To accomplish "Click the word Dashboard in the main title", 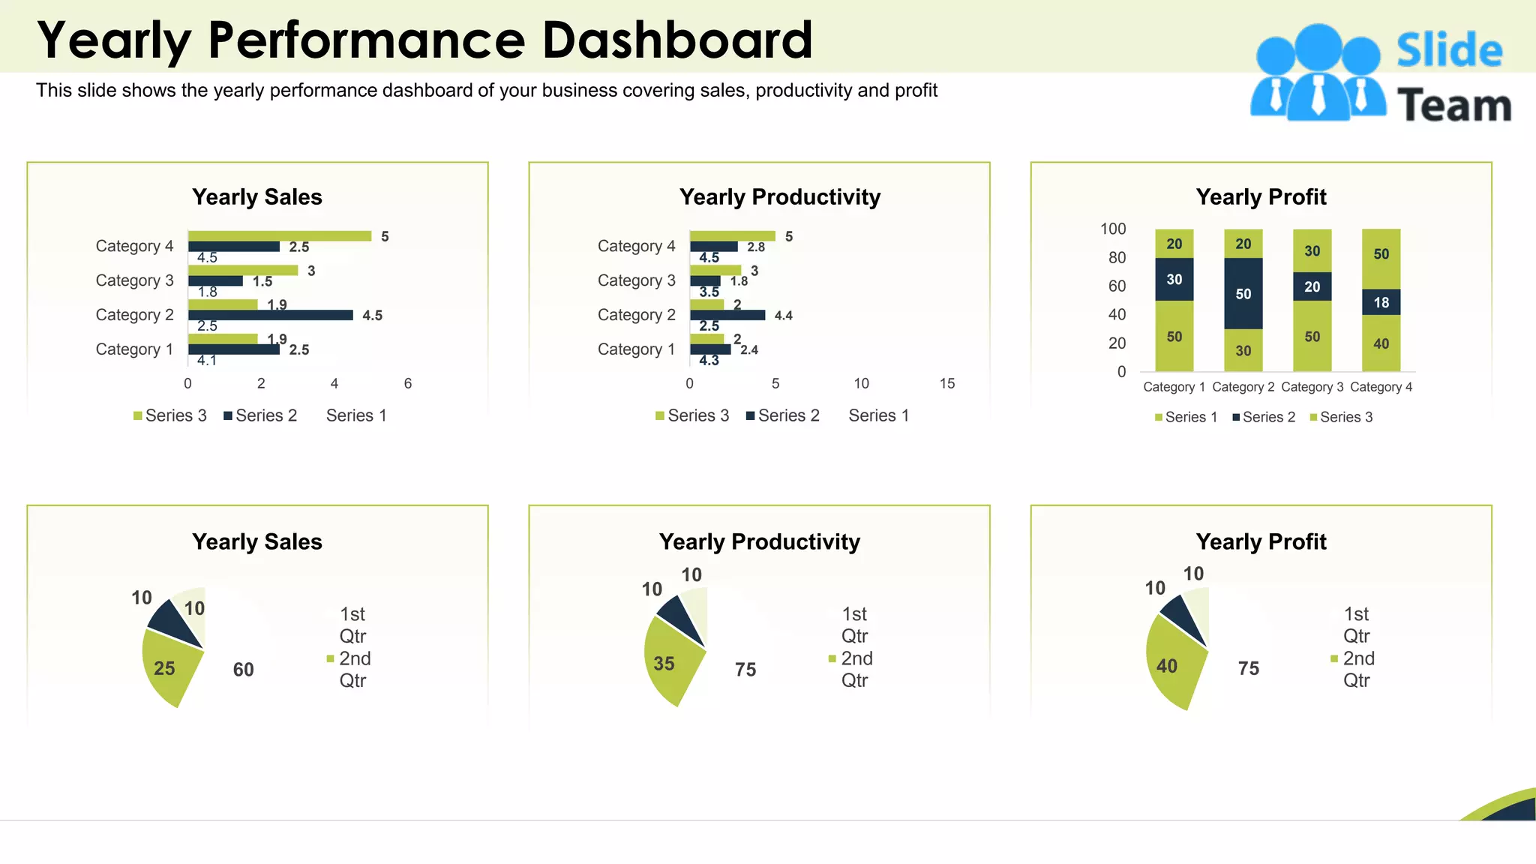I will coord(676,40).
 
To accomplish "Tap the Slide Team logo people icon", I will coord(1318,73).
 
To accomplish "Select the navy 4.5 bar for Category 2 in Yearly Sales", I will coord(270,315).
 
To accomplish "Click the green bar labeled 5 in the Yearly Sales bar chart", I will coord(279,236).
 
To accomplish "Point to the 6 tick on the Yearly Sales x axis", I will coord(408,383).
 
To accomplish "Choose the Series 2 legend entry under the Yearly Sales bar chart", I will coord(260,415).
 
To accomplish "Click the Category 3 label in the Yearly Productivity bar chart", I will coord(636,280).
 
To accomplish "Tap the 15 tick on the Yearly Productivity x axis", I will coord(947,383).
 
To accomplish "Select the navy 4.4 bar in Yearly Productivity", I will coord(727,315).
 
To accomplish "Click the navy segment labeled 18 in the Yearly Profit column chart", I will coord(1381,302).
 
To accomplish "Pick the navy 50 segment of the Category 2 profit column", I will coord(1243,293).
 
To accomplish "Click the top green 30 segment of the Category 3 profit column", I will coord(1312,250).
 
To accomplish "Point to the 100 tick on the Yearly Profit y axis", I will coord(1113,229).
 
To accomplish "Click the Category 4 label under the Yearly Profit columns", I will coord(1381,387).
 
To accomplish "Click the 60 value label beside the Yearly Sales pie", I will coord(243,670).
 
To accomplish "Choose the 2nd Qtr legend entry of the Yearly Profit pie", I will coord(1356,669).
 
